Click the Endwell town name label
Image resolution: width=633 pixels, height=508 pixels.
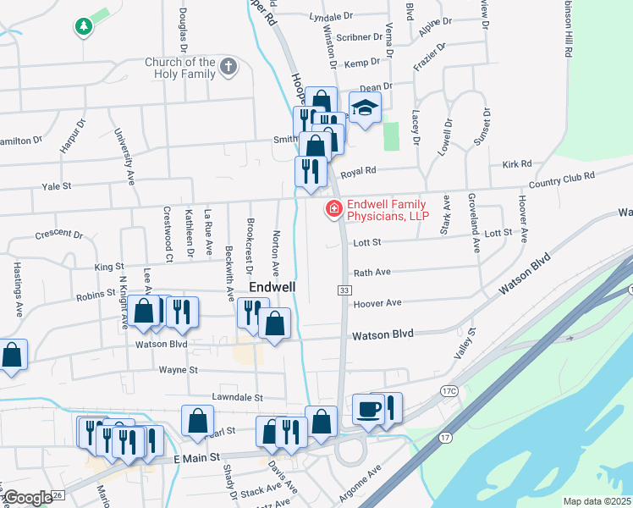(x=272, y=287)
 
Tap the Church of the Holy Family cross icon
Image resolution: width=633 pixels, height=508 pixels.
(x=227, y=68)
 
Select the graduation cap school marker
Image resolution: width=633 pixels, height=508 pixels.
(x=365, y=108)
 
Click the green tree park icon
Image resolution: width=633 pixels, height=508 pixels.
(x=84, y=27)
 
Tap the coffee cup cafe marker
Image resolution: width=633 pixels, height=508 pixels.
(x=367, y=409)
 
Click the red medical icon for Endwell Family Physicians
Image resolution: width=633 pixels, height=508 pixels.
(x=334, y=207)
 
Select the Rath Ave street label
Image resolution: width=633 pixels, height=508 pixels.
(x=372, y=273)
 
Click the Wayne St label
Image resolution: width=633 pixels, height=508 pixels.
(x=178, y=370)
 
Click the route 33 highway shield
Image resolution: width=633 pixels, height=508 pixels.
(x=344, y=290)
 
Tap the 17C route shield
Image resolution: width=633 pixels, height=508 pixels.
(x=448, y=390)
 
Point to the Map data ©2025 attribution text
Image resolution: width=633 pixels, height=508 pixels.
(x=597, y=501)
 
